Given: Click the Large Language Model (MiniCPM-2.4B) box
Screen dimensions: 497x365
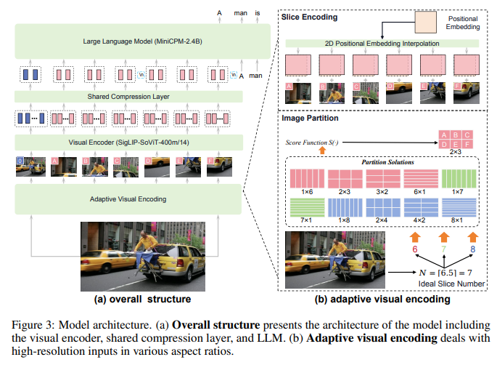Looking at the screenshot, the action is [x=143, y=41].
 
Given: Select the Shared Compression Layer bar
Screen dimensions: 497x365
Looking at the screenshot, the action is [x=128, y=97].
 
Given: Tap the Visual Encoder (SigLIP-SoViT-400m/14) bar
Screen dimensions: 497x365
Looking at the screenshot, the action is [x=128, y=143].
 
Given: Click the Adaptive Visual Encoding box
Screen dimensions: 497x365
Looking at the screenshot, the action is [x=128, y=199].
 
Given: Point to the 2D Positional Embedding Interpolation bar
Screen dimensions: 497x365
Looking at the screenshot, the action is [x=382, y=44].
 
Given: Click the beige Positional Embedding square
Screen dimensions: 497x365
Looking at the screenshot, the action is [x=426, y=23].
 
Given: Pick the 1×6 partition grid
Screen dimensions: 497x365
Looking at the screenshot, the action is [x=307, y=179].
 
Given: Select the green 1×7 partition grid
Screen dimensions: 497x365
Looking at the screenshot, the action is [x=459, y=179].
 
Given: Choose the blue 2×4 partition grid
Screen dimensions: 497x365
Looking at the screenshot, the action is [x=383, y=207].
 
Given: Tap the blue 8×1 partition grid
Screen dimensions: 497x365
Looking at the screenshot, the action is [x=459, y=207].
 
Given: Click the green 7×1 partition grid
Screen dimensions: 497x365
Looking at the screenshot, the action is [x=307, y=207].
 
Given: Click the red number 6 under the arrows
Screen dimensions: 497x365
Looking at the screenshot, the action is [x=415, y=249].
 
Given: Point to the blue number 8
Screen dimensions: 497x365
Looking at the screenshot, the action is [x=472, y=249].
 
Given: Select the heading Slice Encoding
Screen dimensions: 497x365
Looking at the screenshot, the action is [x=309, y=17].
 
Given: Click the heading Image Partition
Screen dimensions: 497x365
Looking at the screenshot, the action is [x=310, y=119].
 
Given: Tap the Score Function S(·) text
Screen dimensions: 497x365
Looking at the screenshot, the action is [x=312, y=143].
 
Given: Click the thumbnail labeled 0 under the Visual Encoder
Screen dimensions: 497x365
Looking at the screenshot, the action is [x=30, y=167].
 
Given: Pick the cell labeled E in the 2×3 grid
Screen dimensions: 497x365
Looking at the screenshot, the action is [x=456, y=144].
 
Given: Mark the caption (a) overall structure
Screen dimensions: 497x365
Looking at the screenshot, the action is [x=143, y=300].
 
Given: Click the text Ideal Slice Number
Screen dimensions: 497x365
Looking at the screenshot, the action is [x=451, y=284].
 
